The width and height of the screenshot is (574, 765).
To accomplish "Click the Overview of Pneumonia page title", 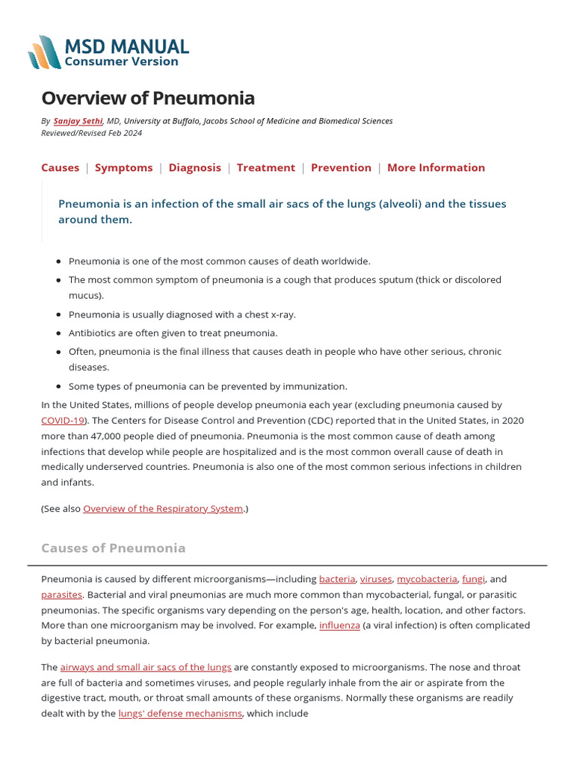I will coord(147,98).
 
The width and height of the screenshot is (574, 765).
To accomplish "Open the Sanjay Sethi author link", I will coord(78,121).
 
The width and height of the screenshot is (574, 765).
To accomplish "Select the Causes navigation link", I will coord(60,167).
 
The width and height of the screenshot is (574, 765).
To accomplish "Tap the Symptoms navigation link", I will coord(123,167).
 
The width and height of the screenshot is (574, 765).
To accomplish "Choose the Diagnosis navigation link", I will coord(194,167).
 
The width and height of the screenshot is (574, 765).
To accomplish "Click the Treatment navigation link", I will coord(265,167).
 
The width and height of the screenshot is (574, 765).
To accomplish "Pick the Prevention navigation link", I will coord(341,167).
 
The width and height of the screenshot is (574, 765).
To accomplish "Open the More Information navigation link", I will coord(436,167).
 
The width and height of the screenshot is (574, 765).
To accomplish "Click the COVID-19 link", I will coord(63,421).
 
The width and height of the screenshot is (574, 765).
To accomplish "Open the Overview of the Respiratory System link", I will coord(163,509).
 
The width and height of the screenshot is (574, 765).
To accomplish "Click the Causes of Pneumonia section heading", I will coord(113,548).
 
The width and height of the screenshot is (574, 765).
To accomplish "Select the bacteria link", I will coord(336,579).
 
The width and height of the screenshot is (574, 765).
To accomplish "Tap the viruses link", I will coord(375,579).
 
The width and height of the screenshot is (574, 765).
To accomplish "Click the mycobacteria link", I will coord(426,579).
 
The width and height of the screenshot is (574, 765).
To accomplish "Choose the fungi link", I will coord(473,579).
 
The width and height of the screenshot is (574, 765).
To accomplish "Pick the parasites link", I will coord(61,595).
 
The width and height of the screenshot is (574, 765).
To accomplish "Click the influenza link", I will coord(339,625).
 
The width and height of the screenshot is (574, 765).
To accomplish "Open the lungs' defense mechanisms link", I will coord(180,713).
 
